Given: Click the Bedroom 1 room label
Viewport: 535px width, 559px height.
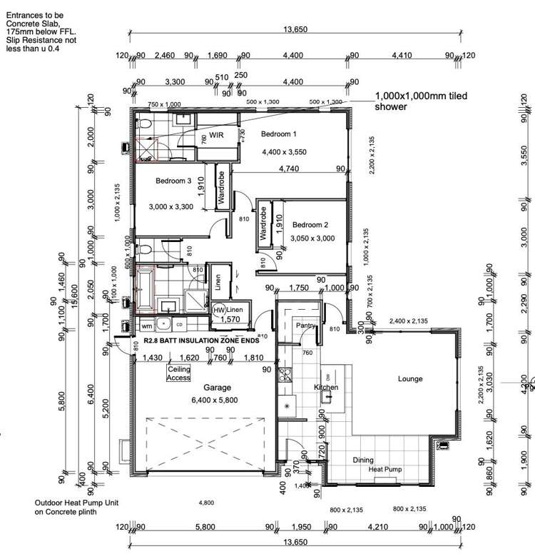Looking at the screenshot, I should [x=278, y=134].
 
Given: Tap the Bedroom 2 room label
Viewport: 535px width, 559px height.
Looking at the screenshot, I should [x=310, y=224].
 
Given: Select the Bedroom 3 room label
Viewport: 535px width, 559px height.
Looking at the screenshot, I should [x=173, y=181].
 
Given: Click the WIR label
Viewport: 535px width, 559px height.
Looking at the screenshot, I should [x=217, y=135].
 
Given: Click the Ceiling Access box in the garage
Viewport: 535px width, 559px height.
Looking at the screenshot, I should [x=178, y=373].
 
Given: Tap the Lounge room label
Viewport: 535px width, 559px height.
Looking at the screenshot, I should [x=410, y=379].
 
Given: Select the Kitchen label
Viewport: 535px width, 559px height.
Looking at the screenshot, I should [x=326, y=388].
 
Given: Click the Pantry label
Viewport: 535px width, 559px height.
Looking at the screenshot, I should [x=305, y=326].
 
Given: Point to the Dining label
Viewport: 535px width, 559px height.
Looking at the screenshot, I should [x=362, y=460].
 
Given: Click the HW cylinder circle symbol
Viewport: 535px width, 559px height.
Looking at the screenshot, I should [x=219, y=311].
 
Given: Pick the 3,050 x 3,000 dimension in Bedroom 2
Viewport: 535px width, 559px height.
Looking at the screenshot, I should [x=313, y=239].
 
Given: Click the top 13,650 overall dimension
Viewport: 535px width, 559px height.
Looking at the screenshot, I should [x=295, y=29].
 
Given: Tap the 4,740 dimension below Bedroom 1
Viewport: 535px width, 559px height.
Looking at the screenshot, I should [x=287, y=169].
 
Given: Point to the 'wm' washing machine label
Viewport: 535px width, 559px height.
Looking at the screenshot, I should [x=146, y=326].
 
